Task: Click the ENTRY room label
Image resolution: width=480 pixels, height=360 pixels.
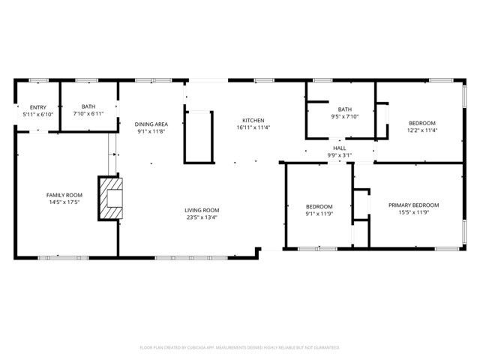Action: (x=37, y=107)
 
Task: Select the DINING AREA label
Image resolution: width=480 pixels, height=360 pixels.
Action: (x=151, y=124)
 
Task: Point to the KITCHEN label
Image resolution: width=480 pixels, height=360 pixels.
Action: (x=253, y=121)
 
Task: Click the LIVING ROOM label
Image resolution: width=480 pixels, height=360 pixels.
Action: (x=202, y=210)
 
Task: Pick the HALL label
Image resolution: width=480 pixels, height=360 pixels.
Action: (x=340, y=148)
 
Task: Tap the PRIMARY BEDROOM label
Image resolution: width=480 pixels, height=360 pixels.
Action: (x=413, y=205)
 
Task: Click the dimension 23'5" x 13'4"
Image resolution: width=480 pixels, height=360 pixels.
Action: (x=202, y=217)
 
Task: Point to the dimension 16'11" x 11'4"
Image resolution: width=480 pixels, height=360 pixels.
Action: (x=253, y=127)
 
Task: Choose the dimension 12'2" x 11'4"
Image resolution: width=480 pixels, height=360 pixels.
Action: (x=421, y=130)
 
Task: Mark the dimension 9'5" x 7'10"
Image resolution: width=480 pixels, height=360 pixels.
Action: (x=345, y=116)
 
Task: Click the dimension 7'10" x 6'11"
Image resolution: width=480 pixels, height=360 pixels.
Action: (x=88, y=114)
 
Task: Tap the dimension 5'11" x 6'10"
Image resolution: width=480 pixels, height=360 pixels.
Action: (x=37, y=114)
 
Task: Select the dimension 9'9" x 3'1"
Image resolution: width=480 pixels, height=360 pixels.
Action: (x=340, y=155)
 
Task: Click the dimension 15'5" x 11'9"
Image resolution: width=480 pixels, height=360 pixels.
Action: (x=413, y=212)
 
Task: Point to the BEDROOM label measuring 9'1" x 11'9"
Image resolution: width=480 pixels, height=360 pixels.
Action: (x=319, y=206)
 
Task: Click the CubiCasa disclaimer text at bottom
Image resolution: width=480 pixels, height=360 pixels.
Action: (x=240, y=347)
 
